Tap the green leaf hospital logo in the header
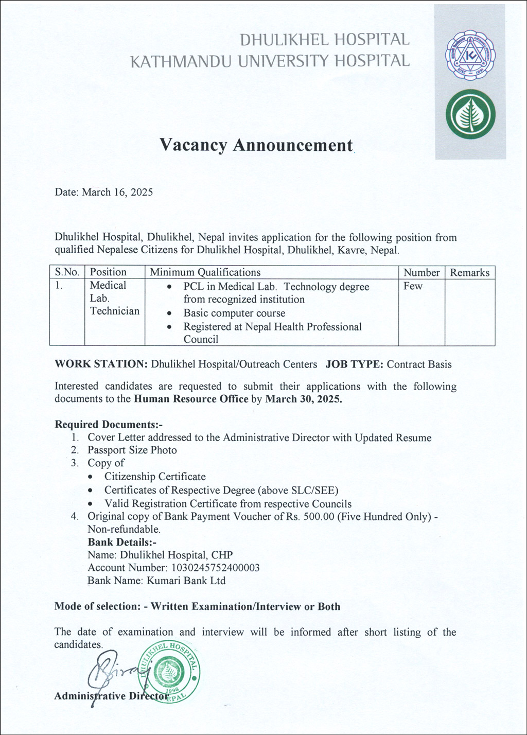[x=470, y=114]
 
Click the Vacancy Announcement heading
[x=256, y=145]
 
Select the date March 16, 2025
[x=117, y=192]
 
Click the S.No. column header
[x=67, y=272]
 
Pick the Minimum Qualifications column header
[x=205, y=272]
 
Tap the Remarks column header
[x=469, y=273]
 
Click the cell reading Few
[x=413, y=286]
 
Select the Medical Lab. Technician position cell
[x=114, y=298]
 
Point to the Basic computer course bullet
[x=234, y=313]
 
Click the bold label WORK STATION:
[x=101, y=364]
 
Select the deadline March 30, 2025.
[x=303, y=399]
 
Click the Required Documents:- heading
[x=109, y=425]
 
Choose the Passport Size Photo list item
[x=132, y=450]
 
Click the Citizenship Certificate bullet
[x=155, y=477]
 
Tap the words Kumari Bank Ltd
[x=186, y=581]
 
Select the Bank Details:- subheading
[x=122, y=542]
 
